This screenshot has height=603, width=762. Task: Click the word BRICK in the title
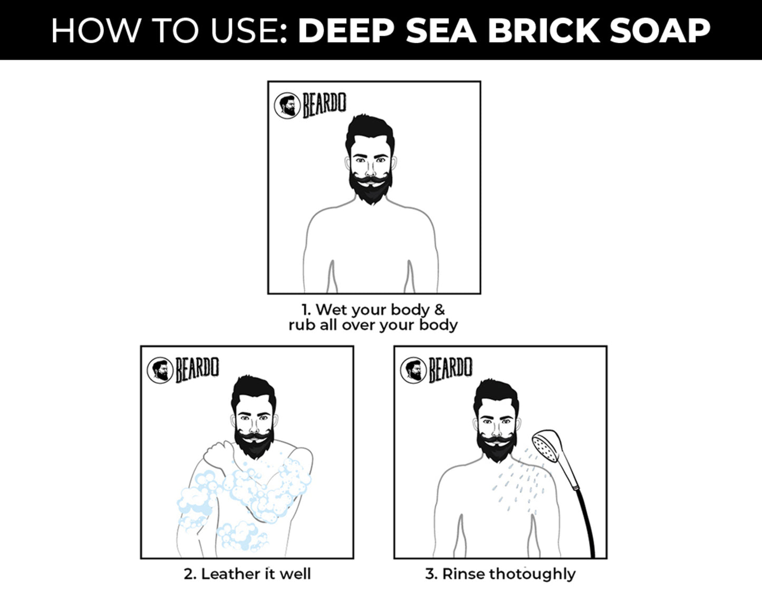[x=544, y=31]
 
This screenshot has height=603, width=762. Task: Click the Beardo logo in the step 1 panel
[x=311, y=105]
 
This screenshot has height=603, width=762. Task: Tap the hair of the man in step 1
[x=371, y=129]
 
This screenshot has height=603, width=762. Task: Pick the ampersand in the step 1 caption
[x=439, y=309]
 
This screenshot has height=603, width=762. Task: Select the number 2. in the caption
[x=190, y=574]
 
